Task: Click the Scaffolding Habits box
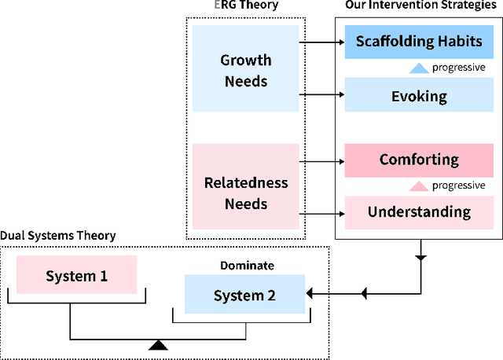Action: (x=419, y=42)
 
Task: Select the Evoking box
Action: (x=419, y=96)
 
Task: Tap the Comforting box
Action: (x=419, y=160)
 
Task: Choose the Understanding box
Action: (x=419, y=211)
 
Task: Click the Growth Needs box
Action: (x=245, y=71)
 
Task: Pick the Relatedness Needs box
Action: (x=245, y=193)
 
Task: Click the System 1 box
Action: (x=76, y=276)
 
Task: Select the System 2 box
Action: (x=245, y=295)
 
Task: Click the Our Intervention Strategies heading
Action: (x=420, y=6)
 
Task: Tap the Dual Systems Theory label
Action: (x=58, y=235)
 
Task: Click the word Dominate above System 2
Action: (x=245, y=266)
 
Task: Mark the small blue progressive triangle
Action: (x=419, y=68)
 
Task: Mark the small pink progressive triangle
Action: (x=419, y=186)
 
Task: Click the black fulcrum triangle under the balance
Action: (x=159, y=344)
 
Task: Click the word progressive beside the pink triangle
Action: (x=459, y=186)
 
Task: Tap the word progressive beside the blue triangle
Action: (x=459, y=68)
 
